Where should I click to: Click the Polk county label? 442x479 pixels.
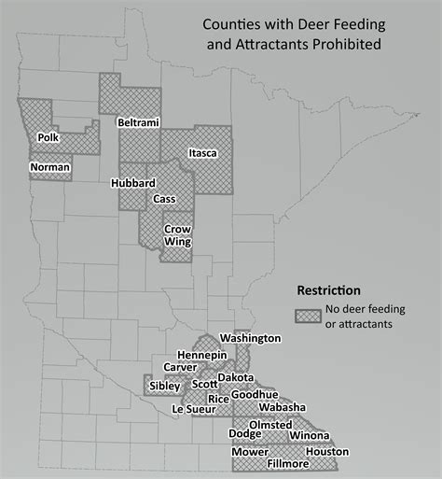(48, 138)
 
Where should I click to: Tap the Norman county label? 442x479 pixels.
(50, 167)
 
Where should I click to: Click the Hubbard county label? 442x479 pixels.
(132, 183)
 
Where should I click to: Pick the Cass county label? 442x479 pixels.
(164, 198)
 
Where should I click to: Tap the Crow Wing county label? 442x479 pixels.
(177, 235)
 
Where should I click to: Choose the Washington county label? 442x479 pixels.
(250, 337)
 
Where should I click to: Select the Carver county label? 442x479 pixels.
(180, 367)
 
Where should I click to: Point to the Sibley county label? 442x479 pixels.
(165, 385)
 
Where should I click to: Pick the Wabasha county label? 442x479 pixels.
(282, 408)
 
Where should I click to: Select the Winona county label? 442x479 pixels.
(309, 435)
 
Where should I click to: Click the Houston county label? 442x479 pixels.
(326, 451)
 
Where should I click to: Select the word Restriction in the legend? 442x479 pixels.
(328, 290)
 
